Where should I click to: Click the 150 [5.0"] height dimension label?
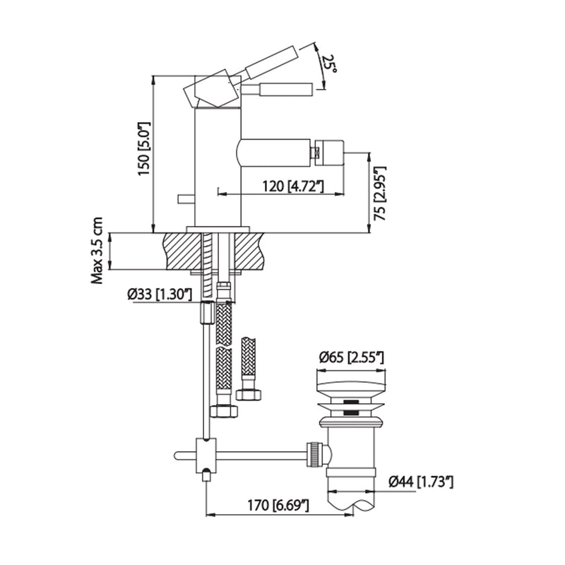143,151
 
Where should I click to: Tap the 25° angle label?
330,65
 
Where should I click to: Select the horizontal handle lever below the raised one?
286,90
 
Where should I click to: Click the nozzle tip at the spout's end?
329,149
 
